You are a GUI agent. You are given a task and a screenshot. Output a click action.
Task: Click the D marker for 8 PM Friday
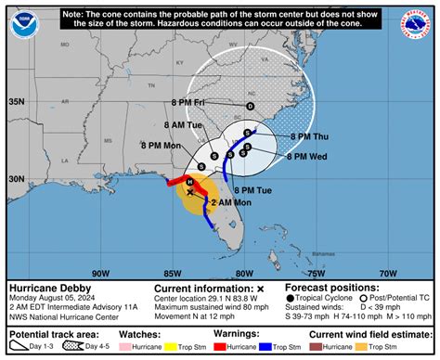249,107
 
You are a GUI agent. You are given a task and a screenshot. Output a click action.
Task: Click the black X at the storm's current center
189,192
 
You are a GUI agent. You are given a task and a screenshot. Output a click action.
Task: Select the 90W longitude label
100,273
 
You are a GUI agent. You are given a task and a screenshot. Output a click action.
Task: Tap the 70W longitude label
388,273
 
